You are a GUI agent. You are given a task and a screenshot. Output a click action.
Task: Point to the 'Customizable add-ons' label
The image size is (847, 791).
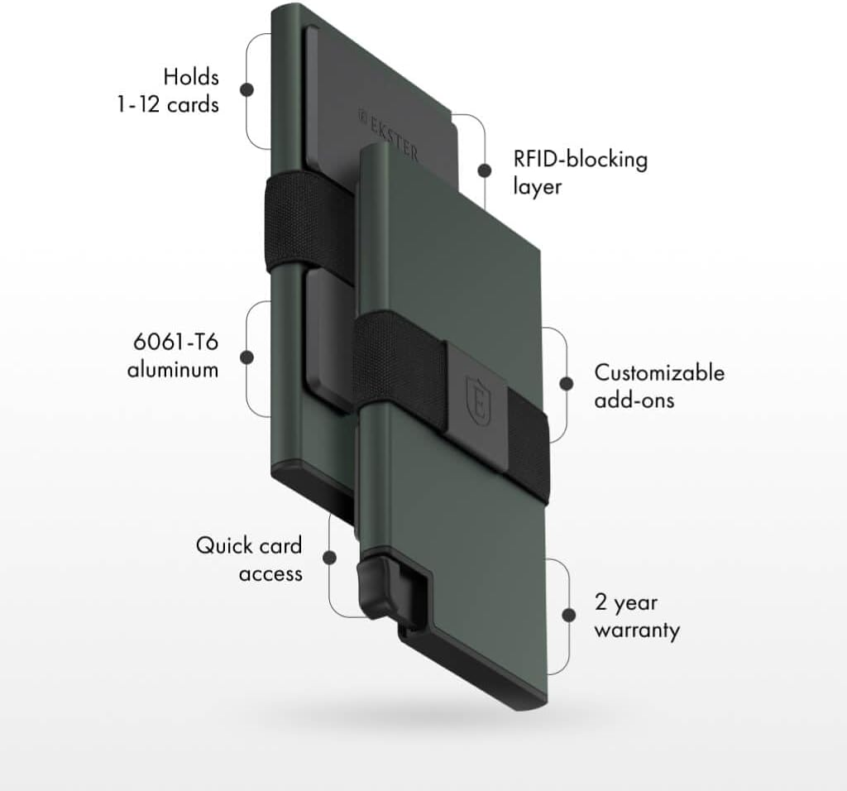[658, 386]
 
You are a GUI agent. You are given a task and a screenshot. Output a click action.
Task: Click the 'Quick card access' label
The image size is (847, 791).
[248, 558]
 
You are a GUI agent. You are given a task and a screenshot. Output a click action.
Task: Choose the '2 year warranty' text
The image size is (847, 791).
[636, 616]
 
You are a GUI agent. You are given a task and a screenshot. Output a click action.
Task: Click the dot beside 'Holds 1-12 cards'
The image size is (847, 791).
[246, 89]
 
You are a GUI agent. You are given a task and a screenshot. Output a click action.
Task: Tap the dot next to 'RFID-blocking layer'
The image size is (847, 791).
[483, 172]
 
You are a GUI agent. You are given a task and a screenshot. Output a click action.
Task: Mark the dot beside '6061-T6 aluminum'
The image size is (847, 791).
[246, 357]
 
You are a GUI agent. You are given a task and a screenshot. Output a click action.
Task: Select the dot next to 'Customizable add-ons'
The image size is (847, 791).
[567, 384]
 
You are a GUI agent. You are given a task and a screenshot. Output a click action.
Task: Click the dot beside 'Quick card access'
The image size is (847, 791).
[329, 558]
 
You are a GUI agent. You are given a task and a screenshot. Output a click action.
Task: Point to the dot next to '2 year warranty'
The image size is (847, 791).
[568, 616]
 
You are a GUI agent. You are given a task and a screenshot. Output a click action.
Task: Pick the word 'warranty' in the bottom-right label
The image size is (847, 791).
[636, 630]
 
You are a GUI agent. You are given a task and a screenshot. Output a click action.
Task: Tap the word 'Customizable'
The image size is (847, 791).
[658, 372]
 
